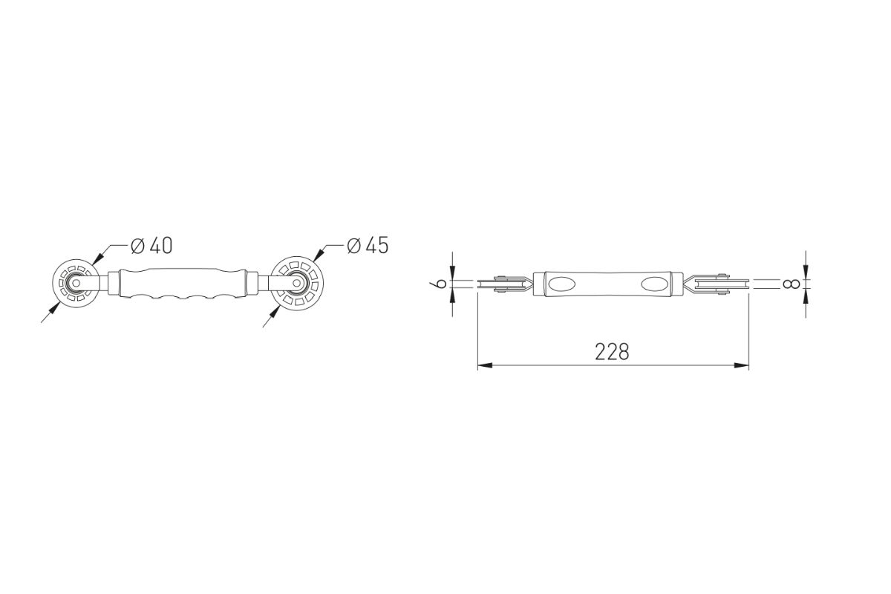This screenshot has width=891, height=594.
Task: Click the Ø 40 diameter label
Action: [x=151, y=246]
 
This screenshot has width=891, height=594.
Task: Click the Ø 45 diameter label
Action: [x=368, y=246]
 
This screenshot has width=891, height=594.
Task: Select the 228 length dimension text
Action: [x=612, y=352]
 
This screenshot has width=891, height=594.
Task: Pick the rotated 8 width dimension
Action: [x=792, y=284]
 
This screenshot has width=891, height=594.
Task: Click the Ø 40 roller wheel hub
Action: [x=76, y=284]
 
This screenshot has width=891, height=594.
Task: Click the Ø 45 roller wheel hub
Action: [x=296, y=282]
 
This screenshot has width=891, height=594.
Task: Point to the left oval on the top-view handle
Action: [x=561, y=284]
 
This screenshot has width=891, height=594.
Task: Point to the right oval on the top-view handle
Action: [x=655, y=284]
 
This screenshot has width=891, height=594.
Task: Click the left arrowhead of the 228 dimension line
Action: [x=485, y=365]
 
